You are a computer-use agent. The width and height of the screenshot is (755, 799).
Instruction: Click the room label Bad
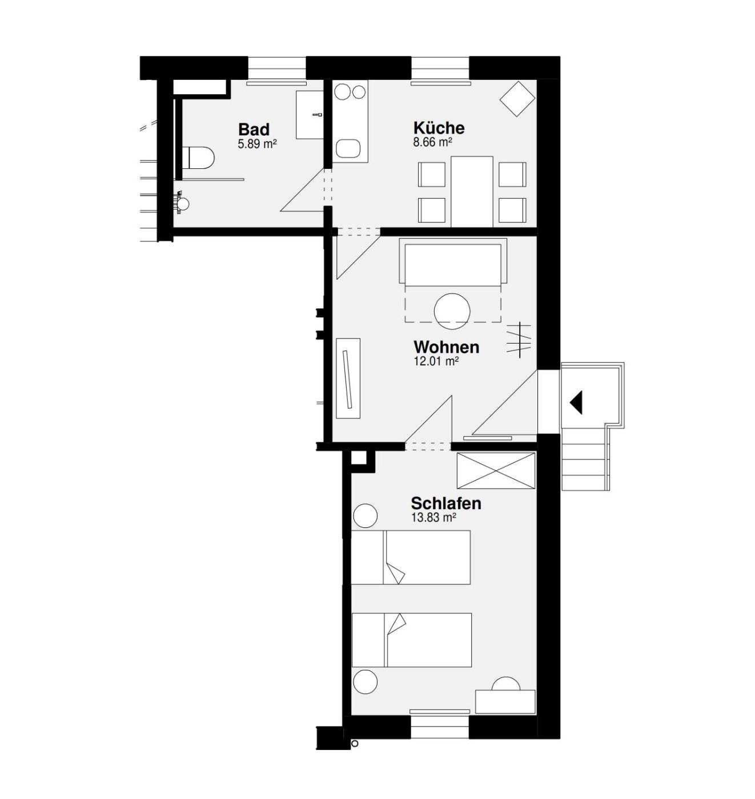tap(254, 130)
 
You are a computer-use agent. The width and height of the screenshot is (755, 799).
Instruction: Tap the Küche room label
tap(439, 128)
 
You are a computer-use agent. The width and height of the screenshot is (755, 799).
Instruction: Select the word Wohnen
tap(447, 347)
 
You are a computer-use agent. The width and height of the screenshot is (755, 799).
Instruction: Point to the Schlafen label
tap(446, 503)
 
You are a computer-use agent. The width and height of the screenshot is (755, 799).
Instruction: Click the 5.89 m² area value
tap(257, 144)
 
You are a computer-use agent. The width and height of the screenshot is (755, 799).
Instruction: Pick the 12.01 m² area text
tap(436, 361)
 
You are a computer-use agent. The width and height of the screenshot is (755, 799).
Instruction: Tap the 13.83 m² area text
tap(433, 518)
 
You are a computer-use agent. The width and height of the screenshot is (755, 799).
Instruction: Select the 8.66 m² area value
tap(433, 142)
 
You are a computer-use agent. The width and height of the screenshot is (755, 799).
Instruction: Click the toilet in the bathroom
tap(198, 158)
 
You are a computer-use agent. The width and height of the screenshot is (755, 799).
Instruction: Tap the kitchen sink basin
tap(348, 149)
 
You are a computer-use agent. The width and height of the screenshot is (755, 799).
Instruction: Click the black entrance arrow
tap(576, 402)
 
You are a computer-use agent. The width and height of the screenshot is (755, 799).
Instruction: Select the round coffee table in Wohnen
tap(452, 312)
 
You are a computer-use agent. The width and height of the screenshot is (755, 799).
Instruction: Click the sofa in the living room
tap(453, 261)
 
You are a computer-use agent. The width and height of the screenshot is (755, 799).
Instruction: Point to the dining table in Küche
tap(472, 192)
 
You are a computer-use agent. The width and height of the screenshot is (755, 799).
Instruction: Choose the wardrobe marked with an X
tap(496, 470)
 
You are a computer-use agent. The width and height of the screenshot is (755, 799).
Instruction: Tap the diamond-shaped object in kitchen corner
tap(517, 99)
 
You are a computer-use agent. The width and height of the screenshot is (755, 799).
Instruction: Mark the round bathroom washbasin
tap(183, 204)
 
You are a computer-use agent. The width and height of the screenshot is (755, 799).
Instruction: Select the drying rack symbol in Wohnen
tap(519, 340)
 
